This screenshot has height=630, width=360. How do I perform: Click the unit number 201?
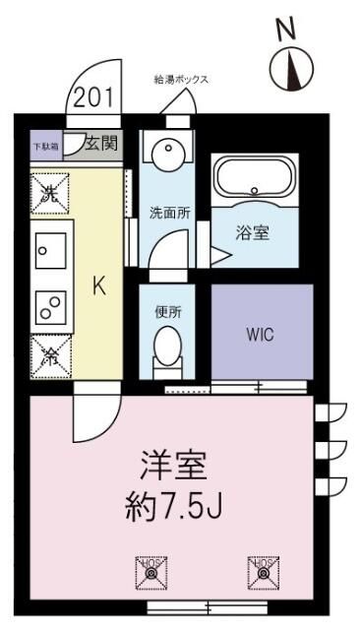pyautogui.click(x=92, y=98)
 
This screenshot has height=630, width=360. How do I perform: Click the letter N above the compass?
pyautogui.click(x=286, y=31)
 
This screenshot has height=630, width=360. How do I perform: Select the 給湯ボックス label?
pyautogui.click(x=181, y=80)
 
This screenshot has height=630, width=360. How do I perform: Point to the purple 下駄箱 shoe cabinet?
pyautogui.click(x=45, y=145)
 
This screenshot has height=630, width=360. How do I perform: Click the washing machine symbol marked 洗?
pyautogui.click(x=49, y=192)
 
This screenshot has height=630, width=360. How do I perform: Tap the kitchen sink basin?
pyautogui.click(x=48, y=250)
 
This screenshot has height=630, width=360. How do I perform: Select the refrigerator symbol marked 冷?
pyautogui.click(x=49, y=355)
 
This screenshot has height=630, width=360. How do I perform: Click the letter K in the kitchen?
pyautogui.click(x=98, y=286)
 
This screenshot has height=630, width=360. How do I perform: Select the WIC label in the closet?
pyautogui.click(x=261, y=333)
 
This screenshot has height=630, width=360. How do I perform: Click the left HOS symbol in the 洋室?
pyautogui.click(x=150, y=568)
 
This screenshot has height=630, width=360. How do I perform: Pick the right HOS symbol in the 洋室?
pyautogui.click(x=262, y=568)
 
